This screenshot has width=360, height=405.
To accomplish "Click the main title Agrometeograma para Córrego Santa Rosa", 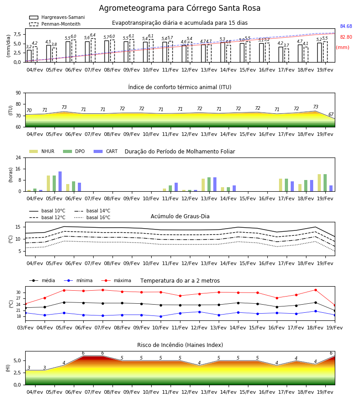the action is (x=180, y=8).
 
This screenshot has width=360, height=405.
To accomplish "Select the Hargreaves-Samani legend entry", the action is (x=57, y=17).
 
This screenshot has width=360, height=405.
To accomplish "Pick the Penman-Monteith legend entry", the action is (x=55, y=24).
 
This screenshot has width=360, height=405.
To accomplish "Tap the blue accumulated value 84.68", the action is (x=346, y=27).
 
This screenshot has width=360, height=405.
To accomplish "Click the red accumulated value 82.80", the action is (x=346, y=37).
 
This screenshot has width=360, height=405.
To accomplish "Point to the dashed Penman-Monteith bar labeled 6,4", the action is (x=93, y=50).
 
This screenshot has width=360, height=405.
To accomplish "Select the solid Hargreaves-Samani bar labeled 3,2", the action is (x=29, y=56).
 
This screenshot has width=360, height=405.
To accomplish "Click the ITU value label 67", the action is (x=331, y=114).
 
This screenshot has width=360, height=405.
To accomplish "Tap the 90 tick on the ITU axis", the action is (x=18, y=93).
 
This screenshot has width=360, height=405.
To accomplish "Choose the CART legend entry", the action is (x=106, y=151).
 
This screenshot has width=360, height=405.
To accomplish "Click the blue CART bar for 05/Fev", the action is (x=60, y=181).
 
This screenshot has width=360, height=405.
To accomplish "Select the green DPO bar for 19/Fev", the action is (x=325, y=183).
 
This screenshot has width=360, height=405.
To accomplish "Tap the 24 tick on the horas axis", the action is (x=18, y=157).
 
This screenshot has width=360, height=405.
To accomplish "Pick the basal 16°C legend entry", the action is (x=92, y=217).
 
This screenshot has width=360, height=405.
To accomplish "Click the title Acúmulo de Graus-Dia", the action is (x=180, y=216).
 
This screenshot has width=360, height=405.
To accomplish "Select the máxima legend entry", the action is (x=116, y=280).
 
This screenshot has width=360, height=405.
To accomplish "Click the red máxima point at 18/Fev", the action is (x=315, y=290).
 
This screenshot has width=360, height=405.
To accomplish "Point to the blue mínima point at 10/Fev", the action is (x=161, y=316).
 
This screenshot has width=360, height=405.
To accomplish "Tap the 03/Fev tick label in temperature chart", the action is (x=25, y=328).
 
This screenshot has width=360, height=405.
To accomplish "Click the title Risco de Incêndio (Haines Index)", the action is (x=180, y=345).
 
